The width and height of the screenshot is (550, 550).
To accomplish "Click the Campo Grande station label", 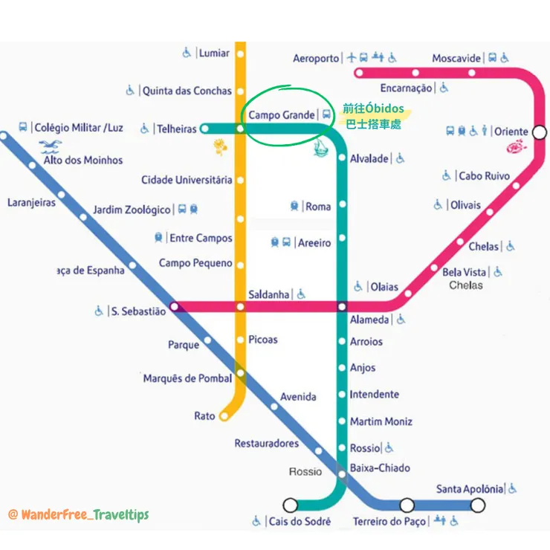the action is (x=282, y=115).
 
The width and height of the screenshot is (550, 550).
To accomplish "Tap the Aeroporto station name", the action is (x=315, y=58).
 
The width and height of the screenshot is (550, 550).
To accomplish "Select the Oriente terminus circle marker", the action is (x=540, y=132).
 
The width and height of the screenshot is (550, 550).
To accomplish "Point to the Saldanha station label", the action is (x=269, y=294).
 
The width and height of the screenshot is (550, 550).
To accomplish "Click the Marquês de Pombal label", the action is (x=187, y=378).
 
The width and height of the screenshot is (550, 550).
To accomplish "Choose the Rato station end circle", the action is (x=222, y=416).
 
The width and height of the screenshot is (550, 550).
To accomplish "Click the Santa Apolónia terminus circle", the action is (x=477, y=505).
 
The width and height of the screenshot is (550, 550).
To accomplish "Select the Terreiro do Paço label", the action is (x=389, y=521).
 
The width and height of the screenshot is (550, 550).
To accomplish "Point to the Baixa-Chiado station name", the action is (x=380, y=467).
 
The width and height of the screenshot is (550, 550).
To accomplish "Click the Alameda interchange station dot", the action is (x=342, y=306).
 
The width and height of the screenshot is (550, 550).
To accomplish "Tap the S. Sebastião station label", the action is (x=138, y=311).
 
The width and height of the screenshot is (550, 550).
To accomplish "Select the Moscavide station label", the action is (x=456, y=58).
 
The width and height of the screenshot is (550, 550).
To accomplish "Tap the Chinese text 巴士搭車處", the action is (x=373, y=126).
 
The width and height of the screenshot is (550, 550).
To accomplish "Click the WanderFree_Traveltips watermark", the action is (x=78, y=514).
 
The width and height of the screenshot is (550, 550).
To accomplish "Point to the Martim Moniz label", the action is (x=381, y=421).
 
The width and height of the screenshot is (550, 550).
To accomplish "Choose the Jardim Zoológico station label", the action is (x=132, y=210).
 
